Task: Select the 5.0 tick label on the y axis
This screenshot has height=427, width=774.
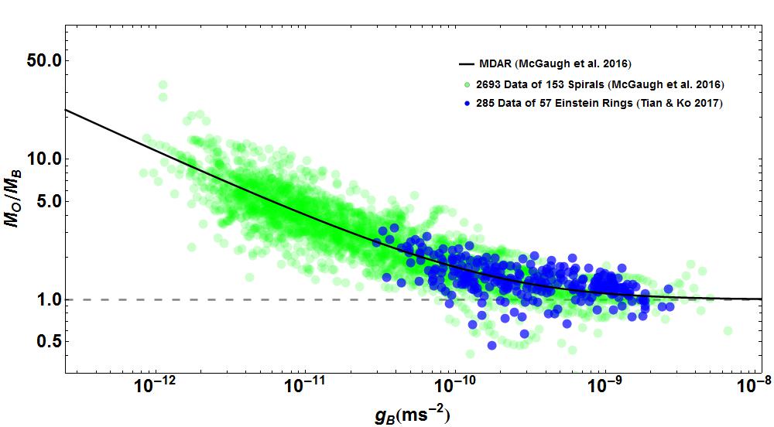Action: [x=40, y=201]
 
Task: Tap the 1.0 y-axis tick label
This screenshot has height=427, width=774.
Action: [x=40, y=299]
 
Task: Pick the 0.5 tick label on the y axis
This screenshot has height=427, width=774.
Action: [x=40, y=341]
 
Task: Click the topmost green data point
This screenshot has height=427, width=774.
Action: [x=163, y=85]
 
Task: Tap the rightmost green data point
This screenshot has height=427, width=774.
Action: [x=728, y=330]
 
